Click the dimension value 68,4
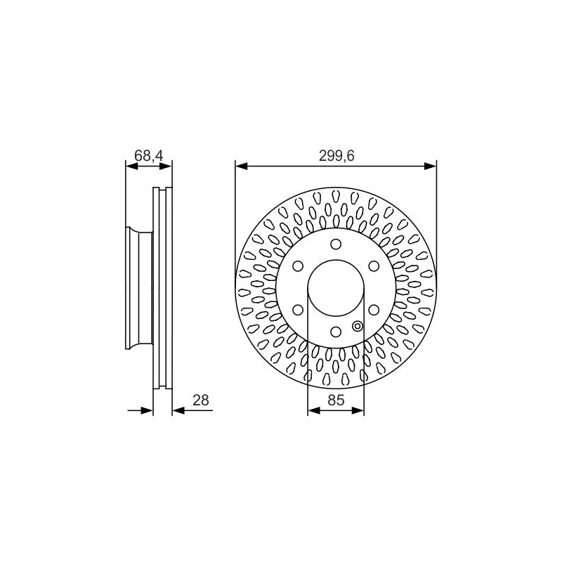click(x=148, y=156)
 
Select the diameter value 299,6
click(x=336, y=157)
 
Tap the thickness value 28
click(x=201, y=400)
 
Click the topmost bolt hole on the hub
click(x=336, y=244)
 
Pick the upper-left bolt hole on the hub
click(x=299, y=266)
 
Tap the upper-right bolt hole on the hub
click(x=373, y=266)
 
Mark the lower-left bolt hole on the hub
click(x=299, y=309)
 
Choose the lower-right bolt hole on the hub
click(x=373, y=309)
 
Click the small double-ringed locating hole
click(x=358, y=325)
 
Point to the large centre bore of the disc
click(x=336, y=287)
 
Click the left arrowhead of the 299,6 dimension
click(x=240, y=166)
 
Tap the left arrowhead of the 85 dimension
click(x=313, y=410)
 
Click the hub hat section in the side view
click(x=139, y=287)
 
